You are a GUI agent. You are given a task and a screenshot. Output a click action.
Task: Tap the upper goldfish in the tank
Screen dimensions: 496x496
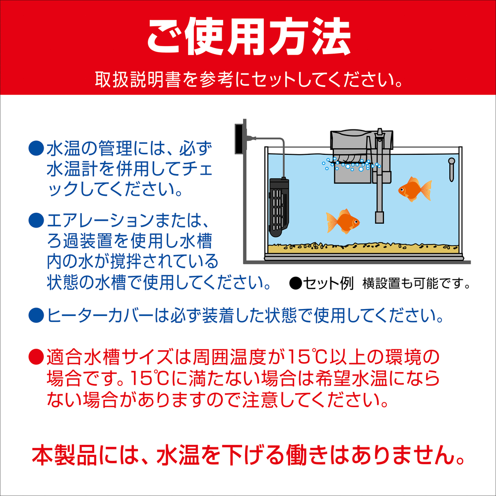coord(414,188)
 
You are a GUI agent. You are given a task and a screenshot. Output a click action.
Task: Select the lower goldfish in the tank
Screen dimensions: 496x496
coord(342,221)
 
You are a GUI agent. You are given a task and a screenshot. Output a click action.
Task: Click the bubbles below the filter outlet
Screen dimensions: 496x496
coord(347,164)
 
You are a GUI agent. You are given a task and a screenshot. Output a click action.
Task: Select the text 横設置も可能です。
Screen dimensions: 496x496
coord(416,284)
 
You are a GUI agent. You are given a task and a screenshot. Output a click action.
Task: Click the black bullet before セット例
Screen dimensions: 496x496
coord(295,284)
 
